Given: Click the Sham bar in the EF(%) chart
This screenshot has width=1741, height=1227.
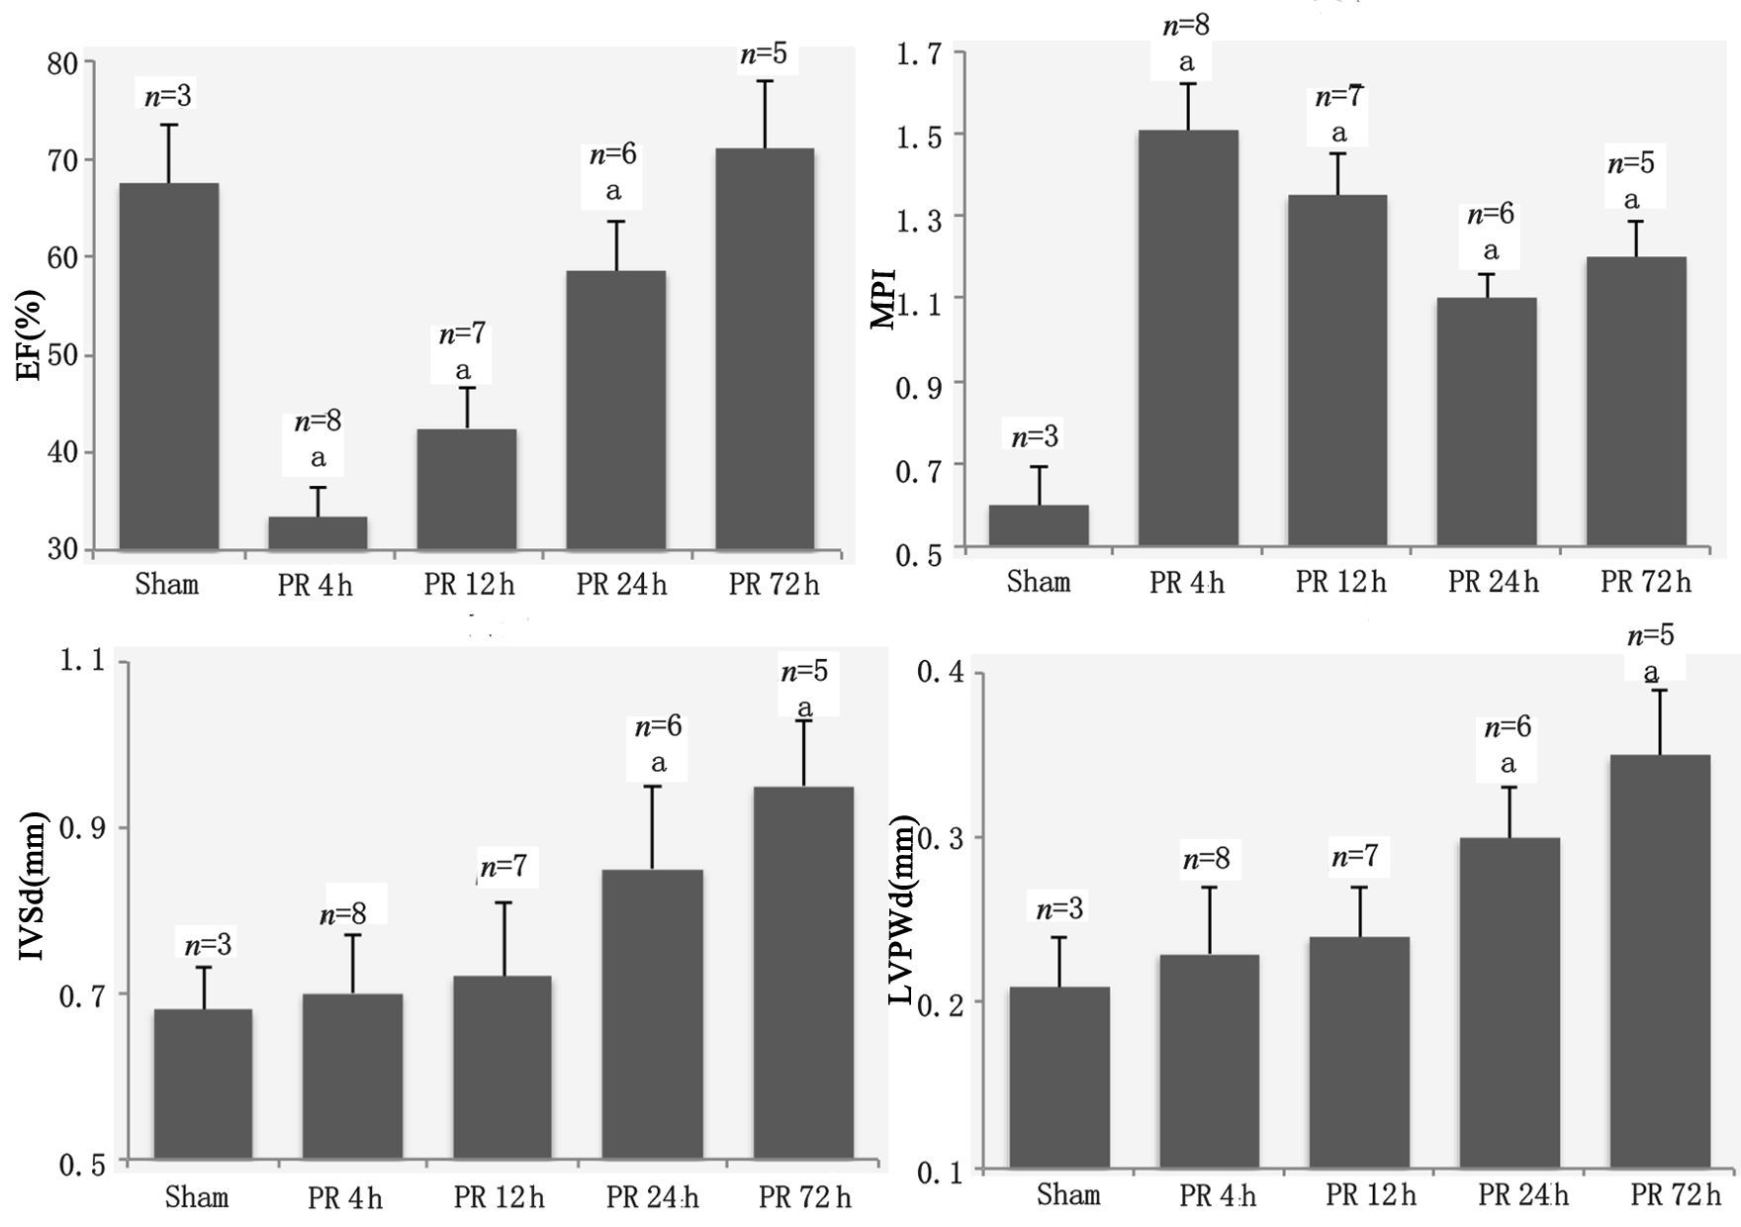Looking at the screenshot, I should point(169,366).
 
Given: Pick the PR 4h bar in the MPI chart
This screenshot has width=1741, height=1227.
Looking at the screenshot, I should point(1187,337).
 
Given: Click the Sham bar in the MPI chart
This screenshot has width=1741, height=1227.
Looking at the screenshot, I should point(1039,525).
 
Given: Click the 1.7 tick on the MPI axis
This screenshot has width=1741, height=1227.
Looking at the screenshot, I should point(919,53).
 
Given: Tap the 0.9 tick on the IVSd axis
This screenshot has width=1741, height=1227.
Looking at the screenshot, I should point(83,827).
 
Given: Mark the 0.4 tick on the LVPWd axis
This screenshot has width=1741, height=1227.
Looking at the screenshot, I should point(941,673).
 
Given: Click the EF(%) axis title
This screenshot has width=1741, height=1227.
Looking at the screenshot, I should point(32,337).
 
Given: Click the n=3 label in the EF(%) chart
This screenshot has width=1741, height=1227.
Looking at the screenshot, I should point(168,96).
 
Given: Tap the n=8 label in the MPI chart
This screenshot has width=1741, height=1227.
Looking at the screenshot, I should point(1186,25).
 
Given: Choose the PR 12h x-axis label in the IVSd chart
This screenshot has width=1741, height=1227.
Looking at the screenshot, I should point(499,1197).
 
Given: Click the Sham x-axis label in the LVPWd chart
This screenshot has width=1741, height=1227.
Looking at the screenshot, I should point(1068,1194).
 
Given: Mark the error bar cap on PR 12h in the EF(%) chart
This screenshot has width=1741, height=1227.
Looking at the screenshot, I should point(467,388).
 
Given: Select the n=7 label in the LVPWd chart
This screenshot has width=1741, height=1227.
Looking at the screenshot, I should point(1355,856).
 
